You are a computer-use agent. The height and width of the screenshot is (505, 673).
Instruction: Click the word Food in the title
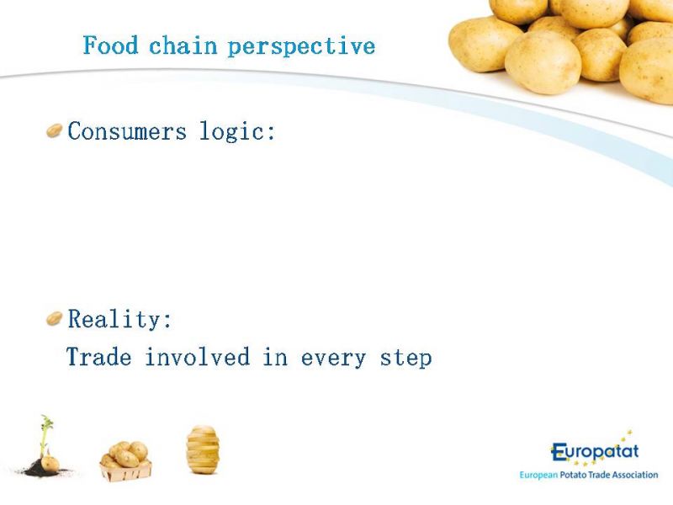110,45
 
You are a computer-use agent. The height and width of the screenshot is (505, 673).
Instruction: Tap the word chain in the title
183,45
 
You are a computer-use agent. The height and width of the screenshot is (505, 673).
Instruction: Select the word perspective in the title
301,47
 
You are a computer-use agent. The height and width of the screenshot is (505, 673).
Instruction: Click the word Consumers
127,131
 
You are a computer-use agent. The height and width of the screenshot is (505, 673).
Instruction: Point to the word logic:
237,131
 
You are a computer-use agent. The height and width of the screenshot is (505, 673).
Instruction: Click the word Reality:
119,320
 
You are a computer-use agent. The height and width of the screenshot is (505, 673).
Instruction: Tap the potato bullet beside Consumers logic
55,130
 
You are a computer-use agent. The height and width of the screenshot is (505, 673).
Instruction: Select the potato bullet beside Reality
55,319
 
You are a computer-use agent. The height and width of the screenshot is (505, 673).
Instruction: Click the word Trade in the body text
99,357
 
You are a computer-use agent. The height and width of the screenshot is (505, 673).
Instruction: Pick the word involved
198,357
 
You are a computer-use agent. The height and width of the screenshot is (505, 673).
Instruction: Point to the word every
333,359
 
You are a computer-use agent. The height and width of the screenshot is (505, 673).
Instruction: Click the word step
405,359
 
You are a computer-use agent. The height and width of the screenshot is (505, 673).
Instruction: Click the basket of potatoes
125,461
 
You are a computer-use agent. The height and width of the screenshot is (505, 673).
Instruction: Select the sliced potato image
203,449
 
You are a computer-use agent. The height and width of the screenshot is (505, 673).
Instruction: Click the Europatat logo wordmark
595,452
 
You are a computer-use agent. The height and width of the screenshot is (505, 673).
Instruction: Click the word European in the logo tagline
538,476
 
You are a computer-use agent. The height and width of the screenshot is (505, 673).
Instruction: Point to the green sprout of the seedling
46,433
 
